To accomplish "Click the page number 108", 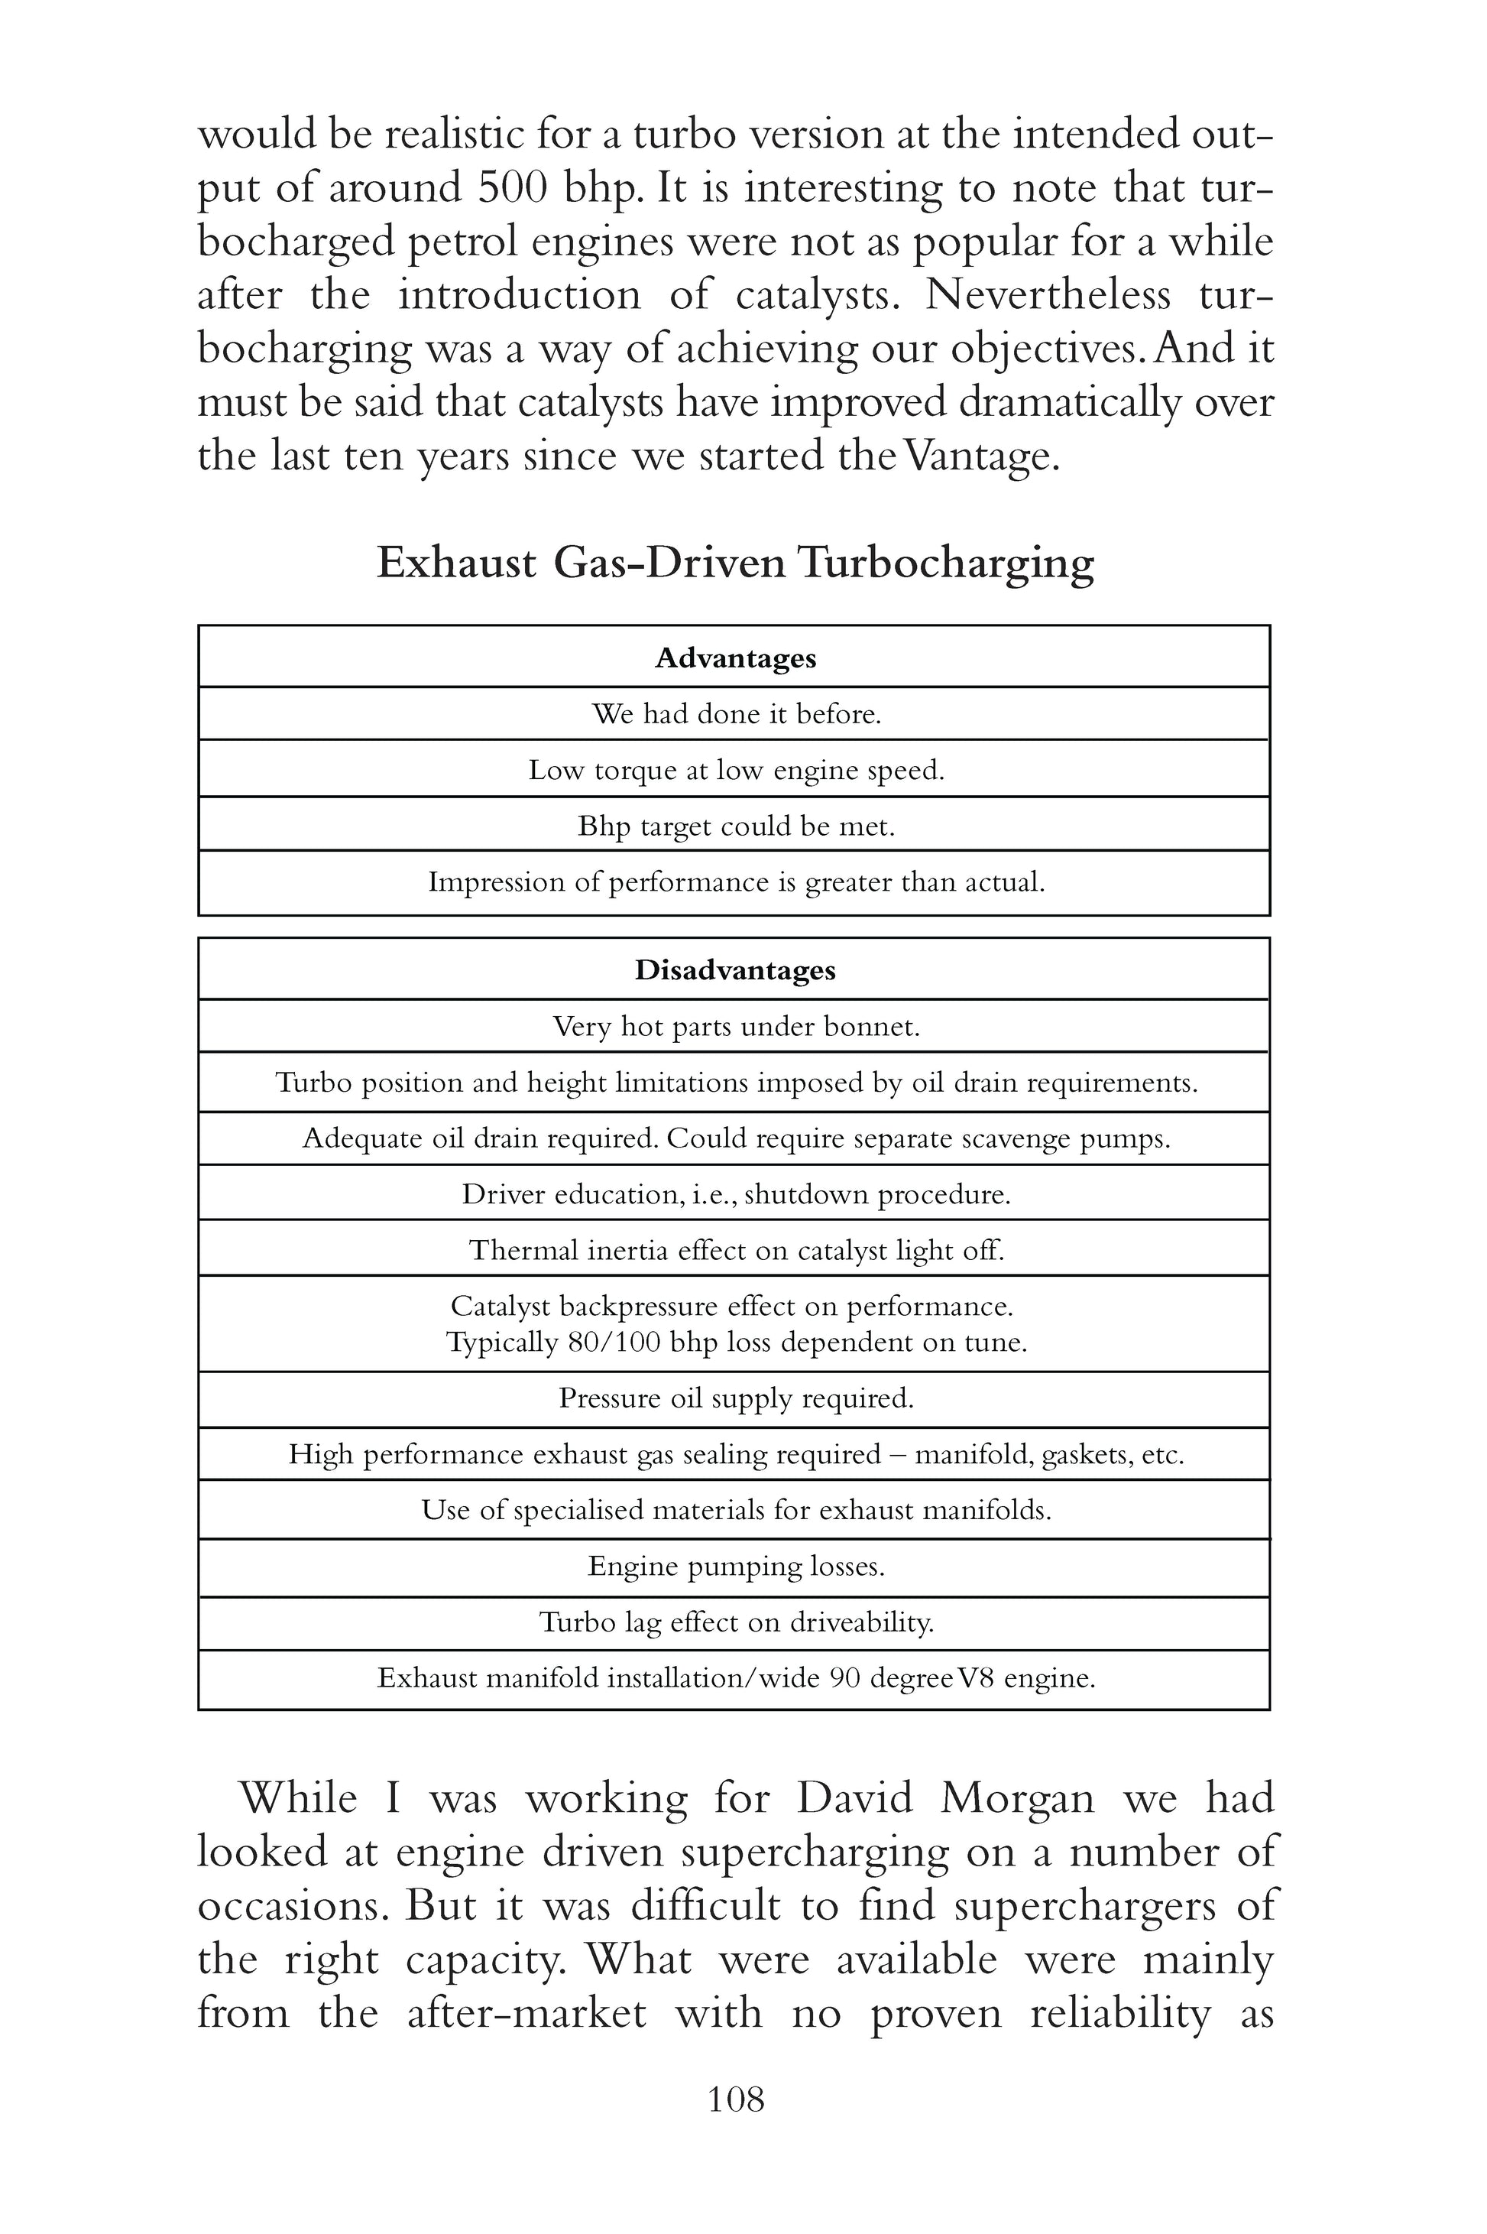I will click(x=736, y=2099).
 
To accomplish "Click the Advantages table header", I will click(x=735, y=658).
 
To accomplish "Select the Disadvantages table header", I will click(x=735, y=970).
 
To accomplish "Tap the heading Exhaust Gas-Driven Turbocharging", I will click(x=735, y=563).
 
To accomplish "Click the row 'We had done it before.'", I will click(x=736, y=713).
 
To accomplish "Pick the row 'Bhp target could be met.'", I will click(x=736, y=826).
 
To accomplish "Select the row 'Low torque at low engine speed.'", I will click(x=736, y=769).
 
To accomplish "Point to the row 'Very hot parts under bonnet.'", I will click(x=736, y=1027).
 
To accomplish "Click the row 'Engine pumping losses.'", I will click(x=736, y=1567).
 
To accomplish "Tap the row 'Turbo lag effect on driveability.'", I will click(x=736, y=1623).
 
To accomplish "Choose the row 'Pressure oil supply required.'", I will click(x=736, y=1398).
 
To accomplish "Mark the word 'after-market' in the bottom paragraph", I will click(x=526, y=2013).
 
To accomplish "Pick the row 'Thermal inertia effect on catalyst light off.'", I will click(x=736, y=1250).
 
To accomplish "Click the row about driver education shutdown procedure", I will click(x=736, y=1194).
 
